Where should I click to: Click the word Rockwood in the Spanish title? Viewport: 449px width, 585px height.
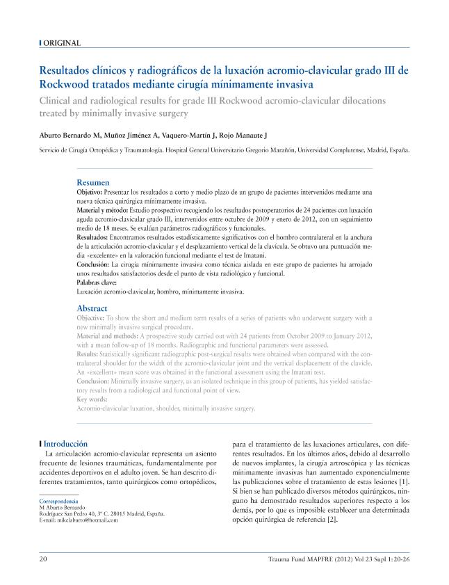[67, 84]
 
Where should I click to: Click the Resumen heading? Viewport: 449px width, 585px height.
[92, 182]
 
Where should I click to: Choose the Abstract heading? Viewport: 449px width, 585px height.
[92, 308]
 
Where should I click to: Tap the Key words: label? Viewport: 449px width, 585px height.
[91, 399]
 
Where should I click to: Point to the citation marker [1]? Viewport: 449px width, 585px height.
[403, 481]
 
